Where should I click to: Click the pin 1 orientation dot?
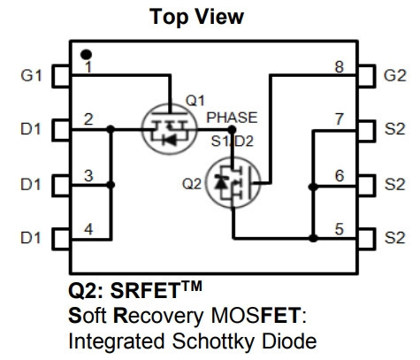pos(86,55)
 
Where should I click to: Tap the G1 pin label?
pos(31,75)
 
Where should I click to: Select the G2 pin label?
pos(395,75)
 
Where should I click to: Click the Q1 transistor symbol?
pos(169,129)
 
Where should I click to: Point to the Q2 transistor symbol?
pos(233,183)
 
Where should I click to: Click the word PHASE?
pos(232,118)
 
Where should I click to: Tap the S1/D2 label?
pos(233,142)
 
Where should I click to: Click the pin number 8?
pos(340,67)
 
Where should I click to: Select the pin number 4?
pos(88,229)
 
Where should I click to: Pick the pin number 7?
pos(340,119)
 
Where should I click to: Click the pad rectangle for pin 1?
pos(61,76)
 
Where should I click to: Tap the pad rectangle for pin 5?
pos(366,239)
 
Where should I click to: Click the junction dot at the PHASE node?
pos(232,129)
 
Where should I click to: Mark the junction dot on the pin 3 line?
pos(111,185)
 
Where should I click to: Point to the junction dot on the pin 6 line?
pos(313,187)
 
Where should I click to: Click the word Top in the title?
pos(168,17)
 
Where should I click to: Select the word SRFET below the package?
pos(145,291)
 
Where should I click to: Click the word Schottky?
pos(213,341)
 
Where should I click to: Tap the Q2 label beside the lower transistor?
pos(192,184)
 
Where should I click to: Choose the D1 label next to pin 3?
pos(30,185)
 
